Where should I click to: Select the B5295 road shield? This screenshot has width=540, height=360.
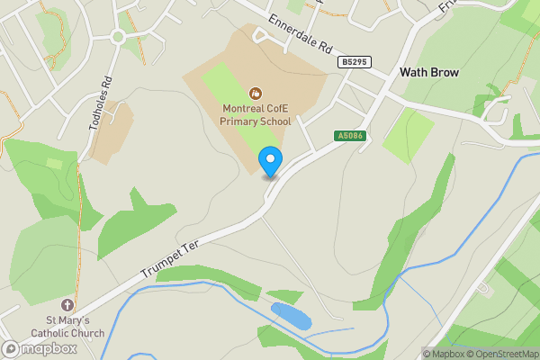tap(355, 62)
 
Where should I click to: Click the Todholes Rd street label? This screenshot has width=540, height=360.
tap(100, 103)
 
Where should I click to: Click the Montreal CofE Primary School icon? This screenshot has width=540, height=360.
tap(255, 92)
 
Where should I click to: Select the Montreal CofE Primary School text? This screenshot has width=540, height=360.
tap(256, 114)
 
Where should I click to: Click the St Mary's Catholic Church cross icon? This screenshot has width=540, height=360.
tap(68, 306)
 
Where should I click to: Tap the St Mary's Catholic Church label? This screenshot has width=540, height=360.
tap(68, 327)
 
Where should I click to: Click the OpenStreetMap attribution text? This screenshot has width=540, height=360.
tap(504, 354)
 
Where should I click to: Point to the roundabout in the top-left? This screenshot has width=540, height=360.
tap(117, 37)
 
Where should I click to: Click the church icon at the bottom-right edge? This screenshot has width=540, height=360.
tap(485, 290)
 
